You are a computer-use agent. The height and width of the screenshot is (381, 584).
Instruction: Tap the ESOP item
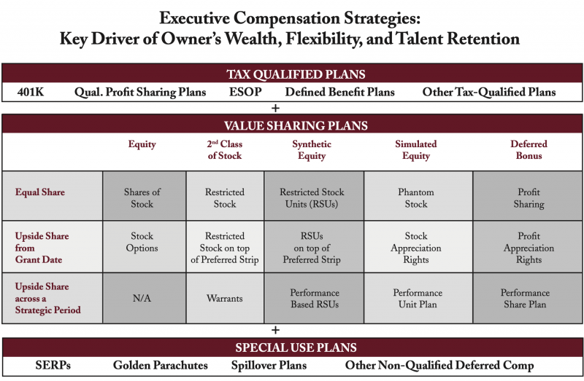(x=245, y=93)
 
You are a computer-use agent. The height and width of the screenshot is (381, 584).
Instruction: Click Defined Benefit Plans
(x=340, y=93)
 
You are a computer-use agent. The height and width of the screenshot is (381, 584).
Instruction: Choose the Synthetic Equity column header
(x=312, y=150)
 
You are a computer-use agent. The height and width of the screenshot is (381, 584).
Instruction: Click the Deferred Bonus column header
(x=529, y=150)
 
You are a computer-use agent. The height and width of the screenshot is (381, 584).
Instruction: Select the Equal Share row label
(x=39, y=193)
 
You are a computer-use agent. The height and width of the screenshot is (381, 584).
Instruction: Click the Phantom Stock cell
(x=416, y=198)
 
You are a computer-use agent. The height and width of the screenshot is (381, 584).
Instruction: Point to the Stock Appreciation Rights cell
(x=416, y=248)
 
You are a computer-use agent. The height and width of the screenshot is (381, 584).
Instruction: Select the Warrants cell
(x=225, y=298)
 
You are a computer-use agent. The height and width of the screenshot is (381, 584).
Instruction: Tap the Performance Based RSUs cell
(x=312, y=298)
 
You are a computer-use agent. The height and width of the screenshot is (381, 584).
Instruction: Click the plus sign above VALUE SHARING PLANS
(x=276, y=109)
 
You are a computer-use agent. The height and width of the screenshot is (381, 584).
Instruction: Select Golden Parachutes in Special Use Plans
(x=161, y=365)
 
